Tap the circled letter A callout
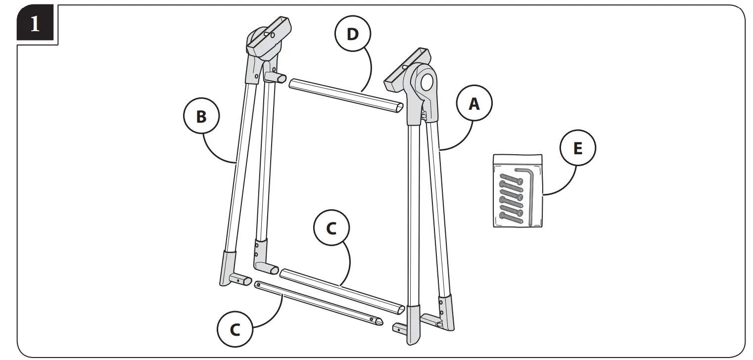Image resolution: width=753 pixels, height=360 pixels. (x=474, y=103)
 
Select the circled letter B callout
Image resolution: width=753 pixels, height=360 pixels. (x=201, y=117)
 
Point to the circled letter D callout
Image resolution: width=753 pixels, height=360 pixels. (x=352, y=35)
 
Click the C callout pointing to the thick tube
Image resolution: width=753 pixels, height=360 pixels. (x=331, y=228)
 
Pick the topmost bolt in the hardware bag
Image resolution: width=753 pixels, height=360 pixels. (x=512, y=177)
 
